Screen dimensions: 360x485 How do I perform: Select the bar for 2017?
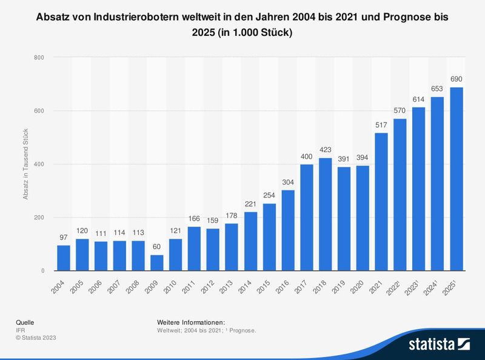(307, 218)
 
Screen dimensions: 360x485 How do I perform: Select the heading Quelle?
(24, 322)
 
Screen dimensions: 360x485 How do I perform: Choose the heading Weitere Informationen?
(190, 322)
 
